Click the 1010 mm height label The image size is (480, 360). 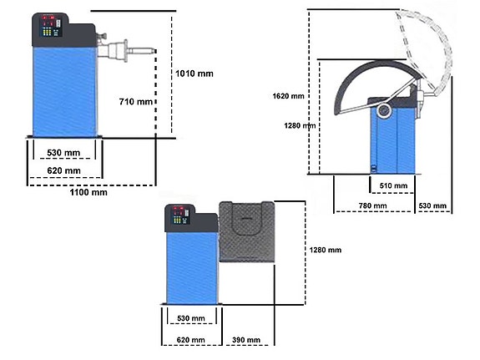tap(195, 74)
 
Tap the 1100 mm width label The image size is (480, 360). tap(89, 192)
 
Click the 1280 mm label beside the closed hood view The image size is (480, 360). tap(325, 250)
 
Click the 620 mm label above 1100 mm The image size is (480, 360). tap(63, 171)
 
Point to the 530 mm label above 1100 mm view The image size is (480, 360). tap(63, 153)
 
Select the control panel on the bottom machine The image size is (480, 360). tap(181, 218)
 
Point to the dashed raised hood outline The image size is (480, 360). tap(431, 42)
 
